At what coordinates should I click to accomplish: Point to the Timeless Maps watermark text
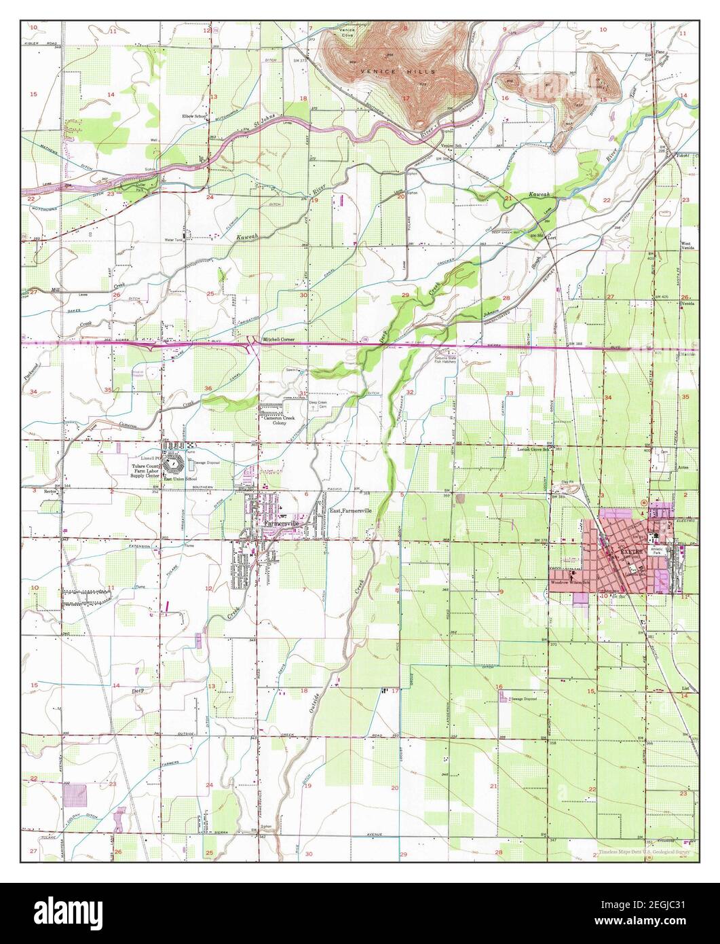click(644, 851)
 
